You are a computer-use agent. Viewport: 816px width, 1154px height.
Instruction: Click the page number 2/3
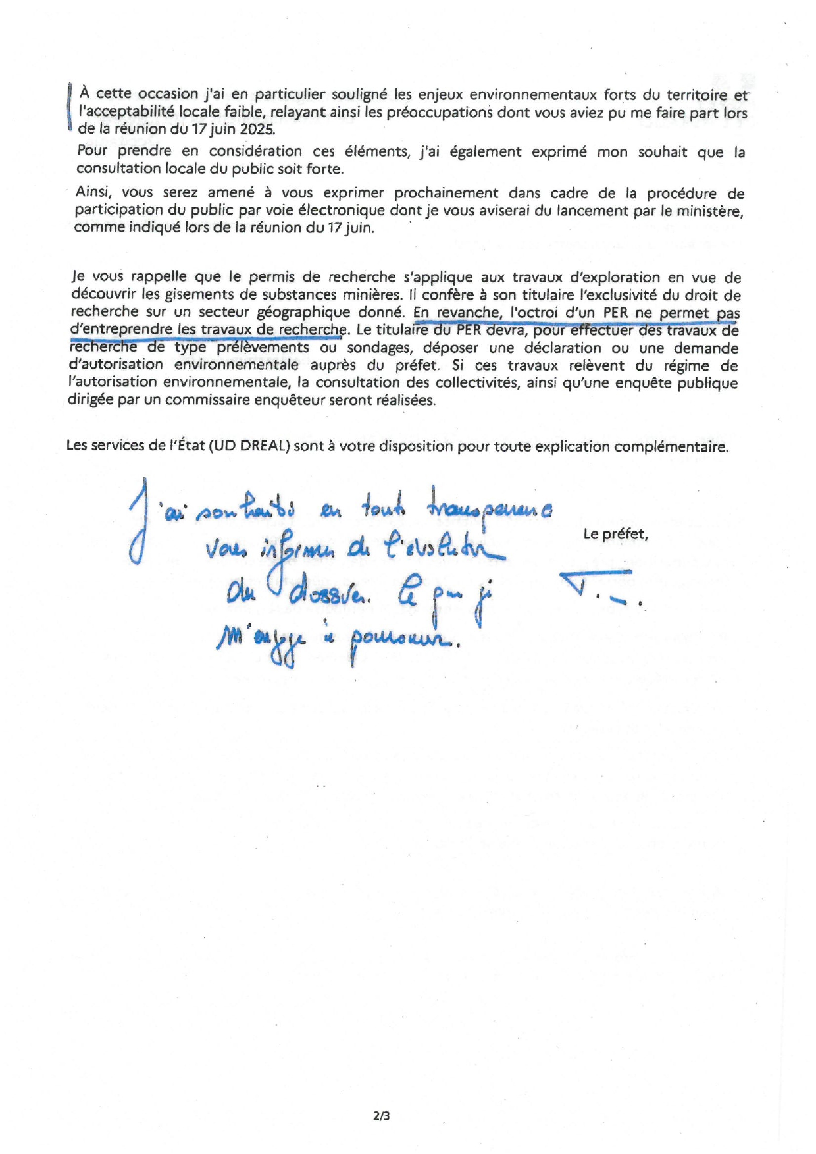click(382, 1115)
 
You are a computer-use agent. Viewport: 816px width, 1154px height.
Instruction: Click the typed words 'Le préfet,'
click(615, 534)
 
